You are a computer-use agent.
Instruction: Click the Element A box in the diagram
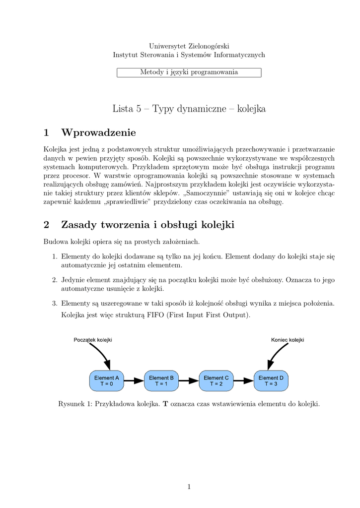coord(107,381)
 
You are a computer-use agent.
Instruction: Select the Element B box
coord(161,381)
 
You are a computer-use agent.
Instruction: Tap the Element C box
coord(216,381)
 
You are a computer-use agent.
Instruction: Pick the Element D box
coord(271,381)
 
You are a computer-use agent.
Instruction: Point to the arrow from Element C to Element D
coord(244,381)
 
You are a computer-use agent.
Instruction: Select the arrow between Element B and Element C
coord(189,381)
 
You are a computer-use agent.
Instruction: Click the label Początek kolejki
coord(93,340)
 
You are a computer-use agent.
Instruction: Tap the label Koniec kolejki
coord(288,340)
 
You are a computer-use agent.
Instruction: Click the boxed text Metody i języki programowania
coord(189,72)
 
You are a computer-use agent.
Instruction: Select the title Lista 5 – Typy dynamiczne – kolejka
coord(189,109)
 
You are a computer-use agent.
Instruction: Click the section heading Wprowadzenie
coord(98,132)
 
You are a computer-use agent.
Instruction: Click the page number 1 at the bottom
coord(189,487)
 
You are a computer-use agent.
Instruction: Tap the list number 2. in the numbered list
coord(55,280)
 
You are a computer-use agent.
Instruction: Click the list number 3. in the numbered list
coord(55,303)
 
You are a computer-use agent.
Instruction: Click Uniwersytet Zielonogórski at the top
coord(189,46)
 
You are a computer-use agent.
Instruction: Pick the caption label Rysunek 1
coord(75,404)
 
